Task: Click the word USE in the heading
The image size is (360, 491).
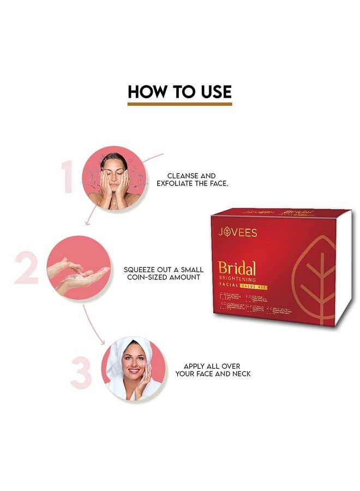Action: point(213,91)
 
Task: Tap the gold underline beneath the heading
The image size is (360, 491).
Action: point(179,103)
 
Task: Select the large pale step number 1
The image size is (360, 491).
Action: point(68,177)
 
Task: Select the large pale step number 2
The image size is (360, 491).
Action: point(26,267)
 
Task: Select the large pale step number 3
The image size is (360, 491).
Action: point(81,373)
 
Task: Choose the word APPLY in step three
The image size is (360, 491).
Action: point(195,366)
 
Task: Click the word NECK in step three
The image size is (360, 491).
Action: point(241,374)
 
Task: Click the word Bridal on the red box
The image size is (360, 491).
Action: point(237,268)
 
